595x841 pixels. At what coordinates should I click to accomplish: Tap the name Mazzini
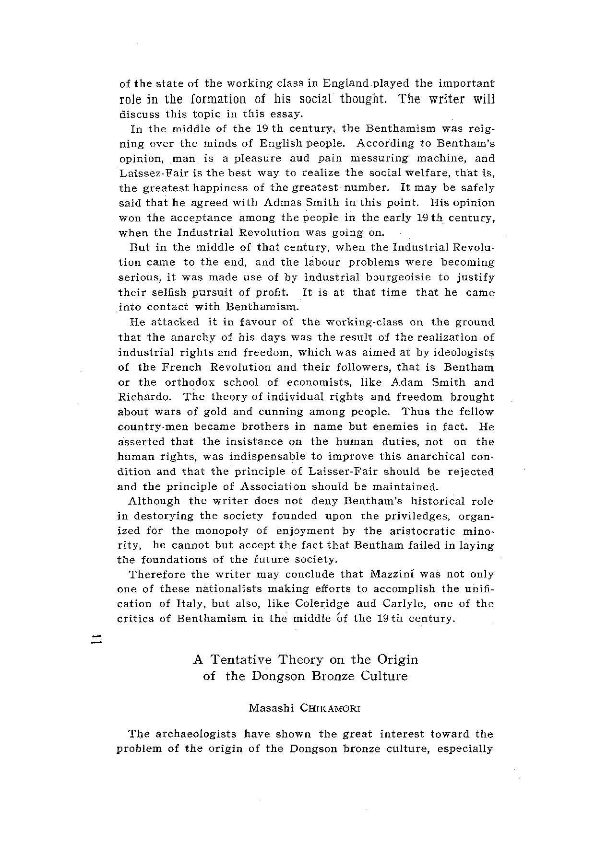click(393, 574)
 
